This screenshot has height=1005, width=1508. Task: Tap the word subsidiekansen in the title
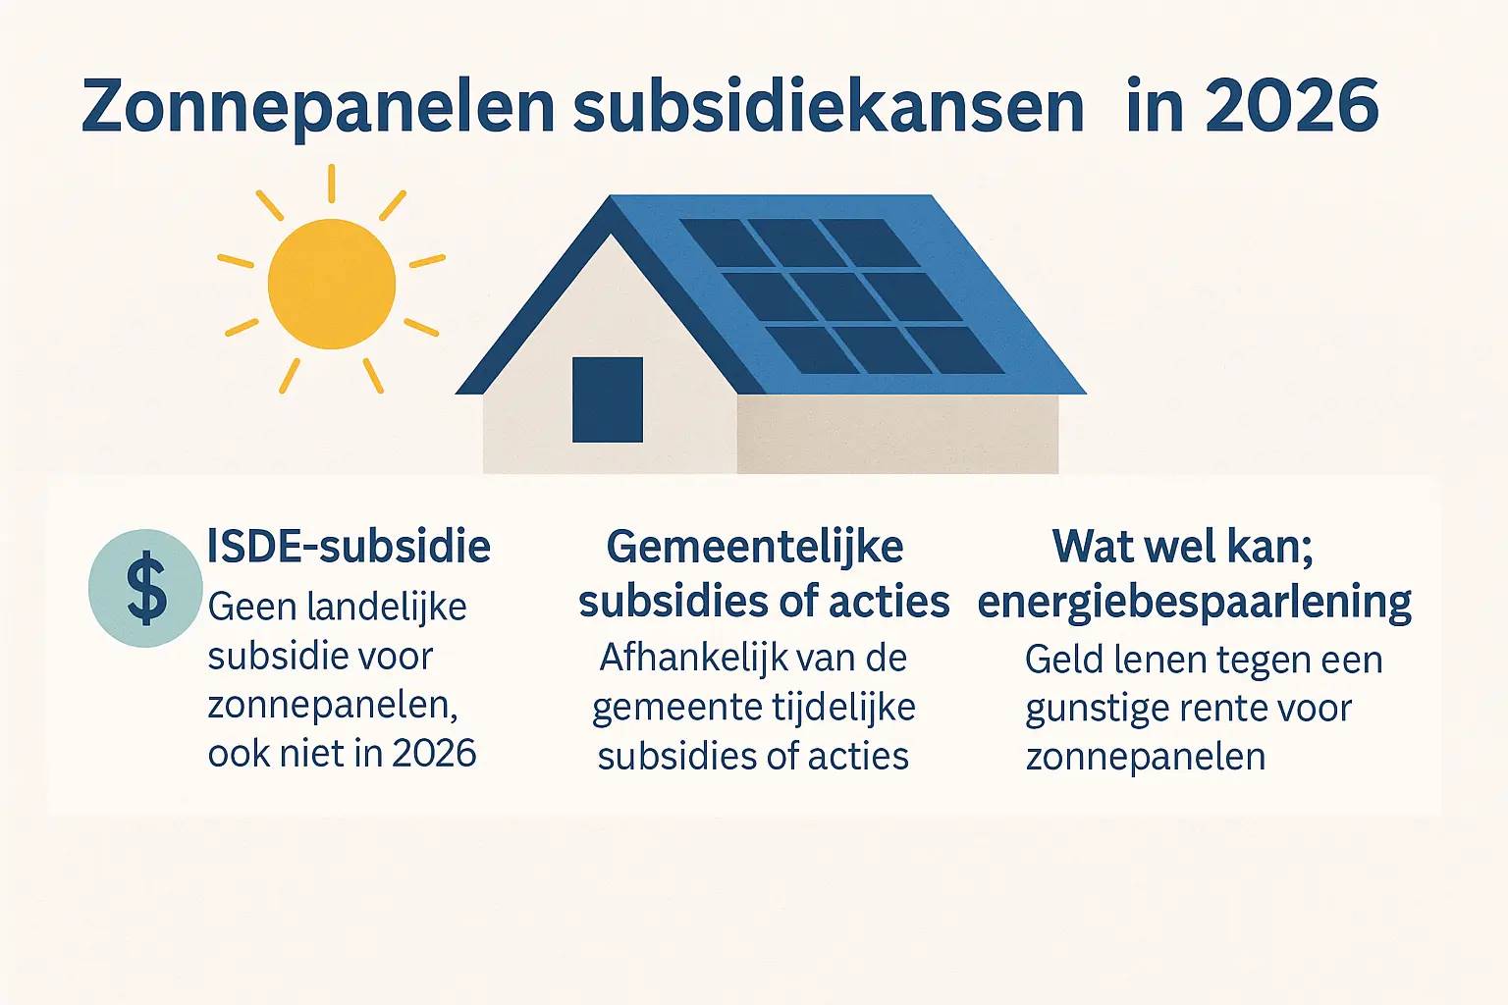point(829,106)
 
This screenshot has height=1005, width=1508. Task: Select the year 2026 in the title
point(1293,106)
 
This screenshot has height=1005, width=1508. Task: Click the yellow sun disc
point(331,284)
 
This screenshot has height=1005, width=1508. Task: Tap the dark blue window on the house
point(608,399)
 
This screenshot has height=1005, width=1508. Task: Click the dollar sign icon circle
point(145,588)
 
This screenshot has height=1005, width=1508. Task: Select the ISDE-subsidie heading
point(349,546)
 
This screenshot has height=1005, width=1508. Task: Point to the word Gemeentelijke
point(755,547)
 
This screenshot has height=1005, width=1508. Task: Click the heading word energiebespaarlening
point(1194,604)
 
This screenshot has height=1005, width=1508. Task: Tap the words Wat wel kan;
point(1183,547)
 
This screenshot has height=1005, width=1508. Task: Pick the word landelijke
point(387,608)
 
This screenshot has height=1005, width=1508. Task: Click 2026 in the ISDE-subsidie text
point(434,753)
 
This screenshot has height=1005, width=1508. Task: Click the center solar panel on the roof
point(840,296)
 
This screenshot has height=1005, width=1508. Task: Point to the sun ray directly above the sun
point(331,184)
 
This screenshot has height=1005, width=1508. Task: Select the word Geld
point(1063,661)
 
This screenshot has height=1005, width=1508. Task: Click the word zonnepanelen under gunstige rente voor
point(1145,758)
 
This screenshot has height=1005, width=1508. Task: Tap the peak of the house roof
point(612,196)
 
